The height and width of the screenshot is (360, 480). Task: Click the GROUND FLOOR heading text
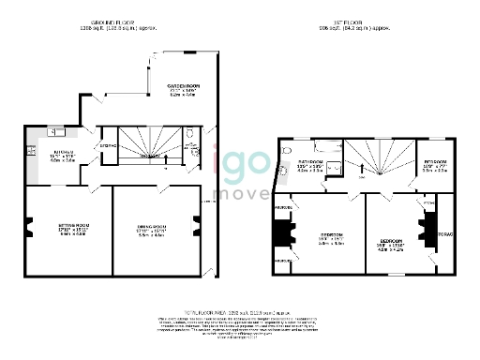(x=112, y=22)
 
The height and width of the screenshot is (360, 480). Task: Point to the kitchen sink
(x=55, y=133)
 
